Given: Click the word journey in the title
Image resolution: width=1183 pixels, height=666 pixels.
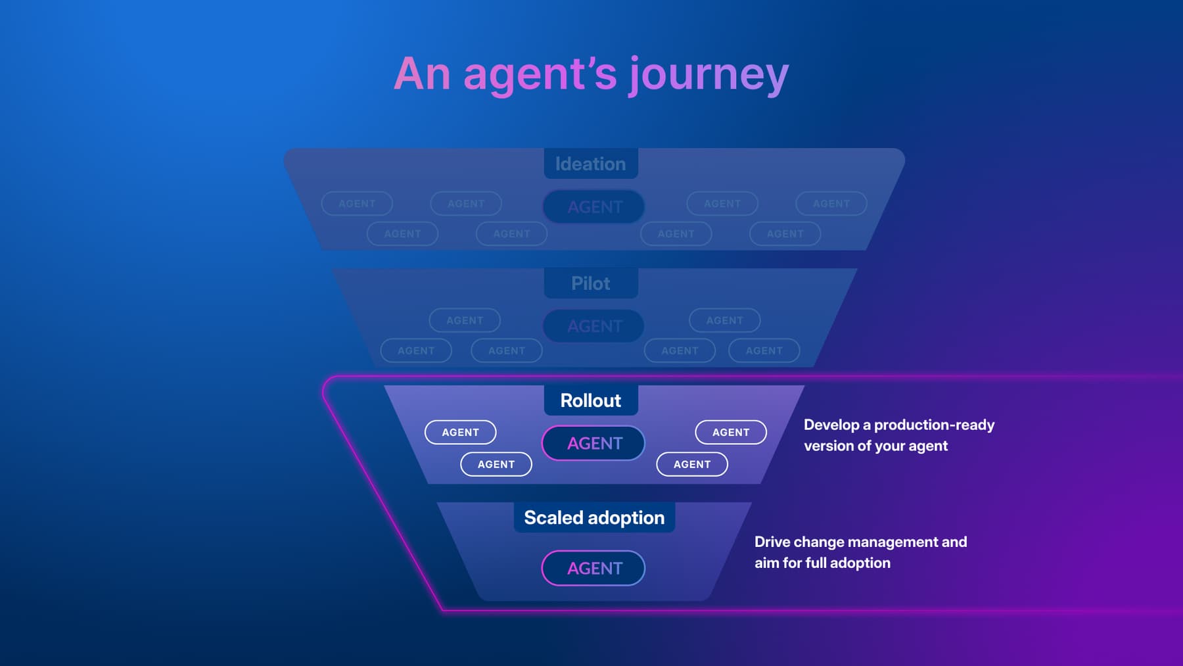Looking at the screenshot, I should tap(708, 74).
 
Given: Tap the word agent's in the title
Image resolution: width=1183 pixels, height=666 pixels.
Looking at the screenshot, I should tap(540, 74).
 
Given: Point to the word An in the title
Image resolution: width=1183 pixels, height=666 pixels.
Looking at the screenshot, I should tap(422, 74).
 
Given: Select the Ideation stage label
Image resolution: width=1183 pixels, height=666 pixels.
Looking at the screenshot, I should tap(590, 164).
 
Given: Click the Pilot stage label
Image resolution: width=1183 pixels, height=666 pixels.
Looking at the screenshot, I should tap(590, 283).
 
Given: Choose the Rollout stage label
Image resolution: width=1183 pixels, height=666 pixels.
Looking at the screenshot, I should tap(590, 400).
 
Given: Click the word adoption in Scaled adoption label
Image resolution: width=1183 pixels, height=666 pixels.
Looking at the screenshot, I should tap(626, 518).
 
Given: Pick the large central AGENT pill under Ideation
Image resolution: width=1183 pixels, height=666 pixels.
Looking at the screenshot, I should tap(594, 207).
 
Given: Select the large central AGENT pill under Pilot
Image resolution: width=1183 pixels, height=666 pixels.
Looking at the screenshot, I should tap(594, 326).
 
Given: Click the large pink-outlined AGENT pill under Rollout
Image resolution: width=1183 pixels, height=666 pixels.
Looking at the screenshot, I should tap(594, 443).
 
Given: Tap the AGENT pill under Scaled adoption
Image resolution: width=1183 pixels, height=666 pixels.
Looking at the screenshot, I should tap(594, 568).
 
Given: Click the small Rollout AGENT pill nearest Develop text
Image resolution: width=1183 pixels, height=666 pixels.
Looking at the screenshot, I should tap(731, 432).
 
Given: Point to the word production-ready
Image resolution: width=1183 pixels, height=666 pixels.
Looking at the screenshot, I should tap(934, 425).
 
